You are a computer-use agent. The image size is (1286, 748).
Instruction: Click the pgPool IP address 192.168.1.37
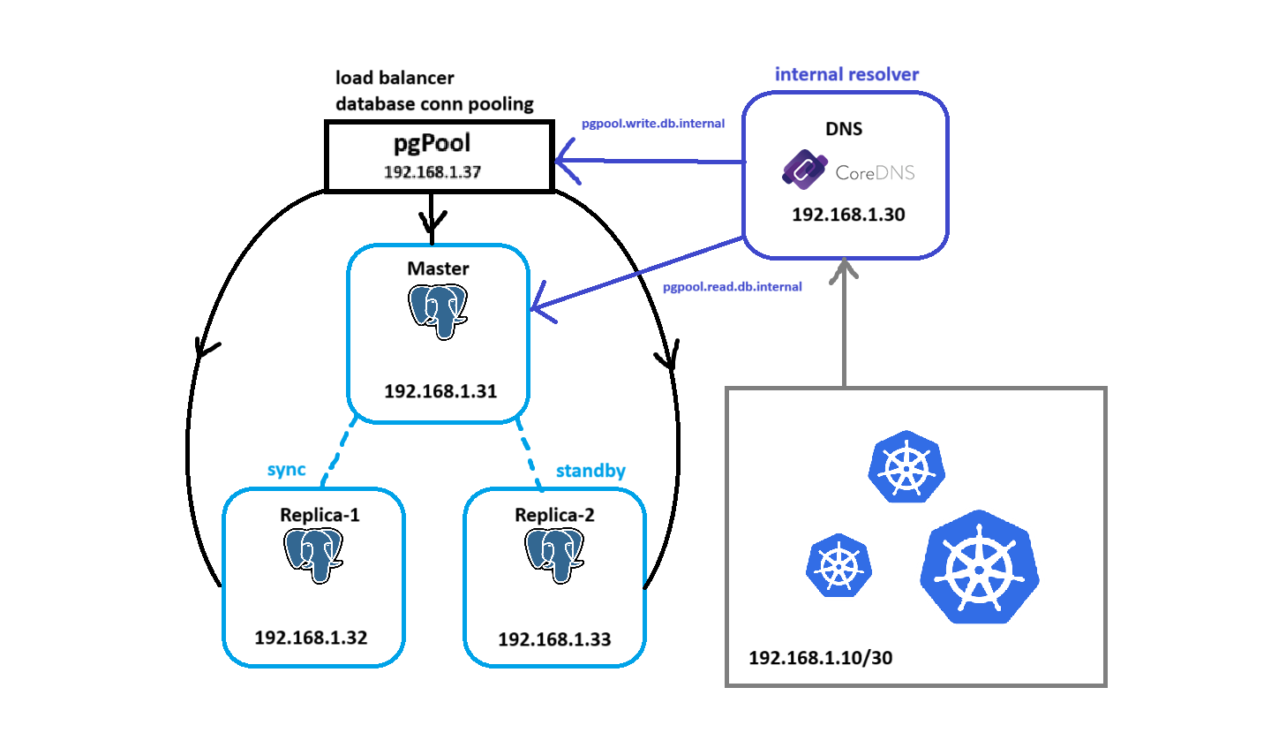tap(432, 172)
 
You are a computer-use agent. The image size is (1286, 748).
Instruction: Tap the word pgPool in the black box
tap(432, 143)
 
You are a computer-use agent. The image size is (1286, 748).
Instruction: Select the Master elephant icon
tap(438, 312)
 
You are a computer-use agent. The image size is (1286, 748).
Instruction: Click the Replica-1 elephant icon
tap(313, 555)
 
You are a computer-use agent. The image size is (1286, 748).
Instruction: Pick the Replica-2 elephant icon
tap(554, 555)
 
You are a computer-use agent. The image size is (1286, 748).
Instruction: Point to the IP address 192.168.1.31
tap(440, 391)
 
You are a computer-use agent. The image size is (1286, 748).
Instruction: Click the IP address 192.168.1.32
tap(311, 638)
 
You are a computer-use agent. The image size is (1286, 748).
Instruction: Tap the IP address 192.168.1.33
tap(554, 639)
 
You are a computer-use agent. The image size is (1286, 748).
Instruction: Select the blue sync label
tap(286, 470)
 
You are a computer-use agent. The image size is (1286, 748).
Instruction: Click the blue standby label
tap(590, 471)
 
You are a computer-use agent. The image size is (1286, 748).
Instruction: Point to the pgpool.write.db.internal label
tap(653, 124)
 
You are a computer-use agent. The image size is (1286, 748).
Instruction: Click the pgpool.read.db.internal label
tap(732, 287)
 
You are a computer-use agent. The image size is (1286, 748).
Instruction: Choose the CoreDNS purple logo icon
tap(803, 170)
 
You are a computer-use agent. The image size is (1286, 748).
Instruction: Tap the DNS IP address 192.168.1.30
tap(848, 215)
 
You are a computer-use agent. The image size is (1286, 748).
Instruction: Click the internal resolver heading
tap(846, 75)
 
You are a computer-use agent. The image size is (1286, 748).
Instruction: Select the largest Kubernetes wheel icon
tap(979, 567)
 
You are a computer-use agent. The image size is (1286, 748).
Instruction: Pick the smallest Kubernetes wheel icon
tap(839, 565)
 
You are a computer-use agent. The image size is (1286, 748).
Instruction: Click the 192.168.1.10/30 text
tap(820, 658)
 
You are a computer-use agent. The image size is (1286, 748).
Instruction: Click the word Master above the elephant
tap(438, 268)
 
